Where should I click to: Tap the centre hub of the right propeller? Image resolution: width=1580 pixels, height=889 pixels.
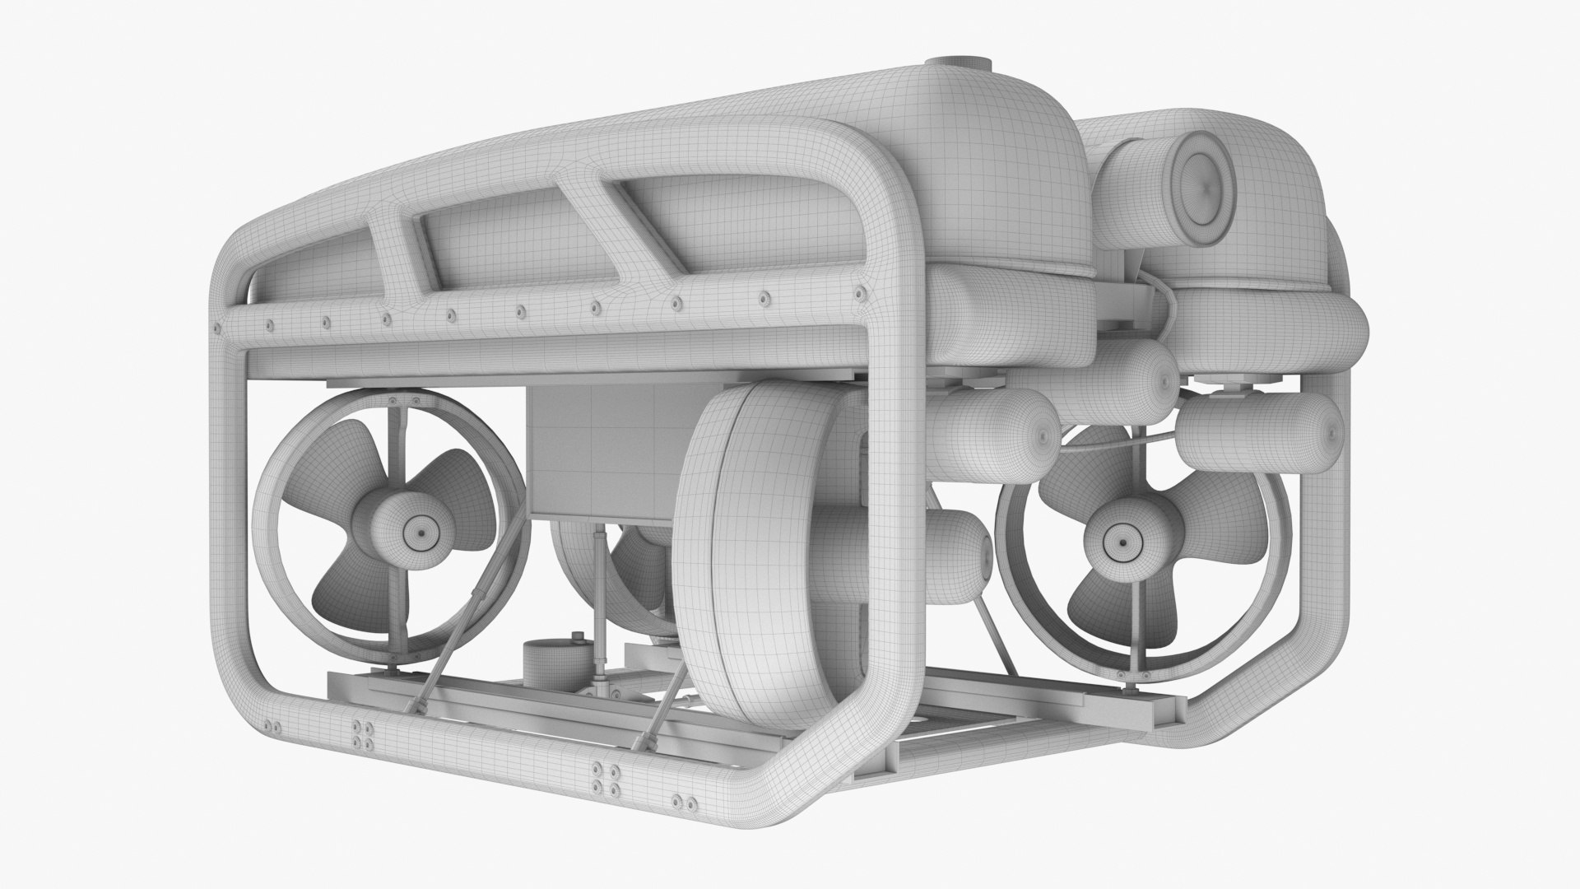1120,540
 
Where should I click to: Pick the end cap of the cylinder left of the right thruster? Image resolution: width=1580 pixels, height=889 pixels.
1046,434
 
